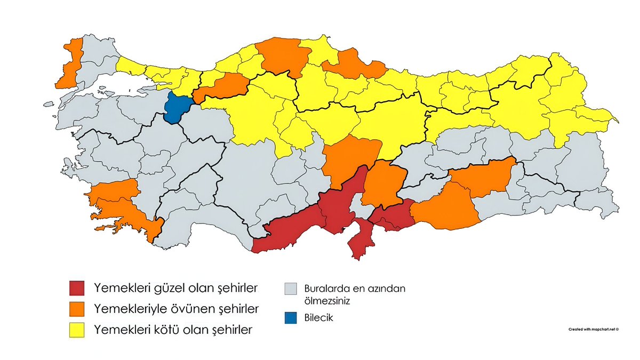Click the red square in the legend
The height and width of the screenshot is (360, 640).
point(77,289)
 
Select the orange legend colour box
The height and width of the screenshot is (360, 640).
point(77,309)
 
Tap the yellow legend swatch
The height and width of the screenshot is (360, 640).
point(77,330)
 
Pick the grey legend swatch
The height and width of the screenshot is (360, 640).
point(291,290)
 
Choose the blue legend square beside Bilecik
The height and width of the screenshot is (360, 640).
point(291,318)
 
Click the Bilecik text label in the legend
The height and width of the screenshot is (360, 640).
point(318,318)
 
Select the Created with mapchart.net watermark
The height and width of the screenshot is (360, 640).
point(593,330)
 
